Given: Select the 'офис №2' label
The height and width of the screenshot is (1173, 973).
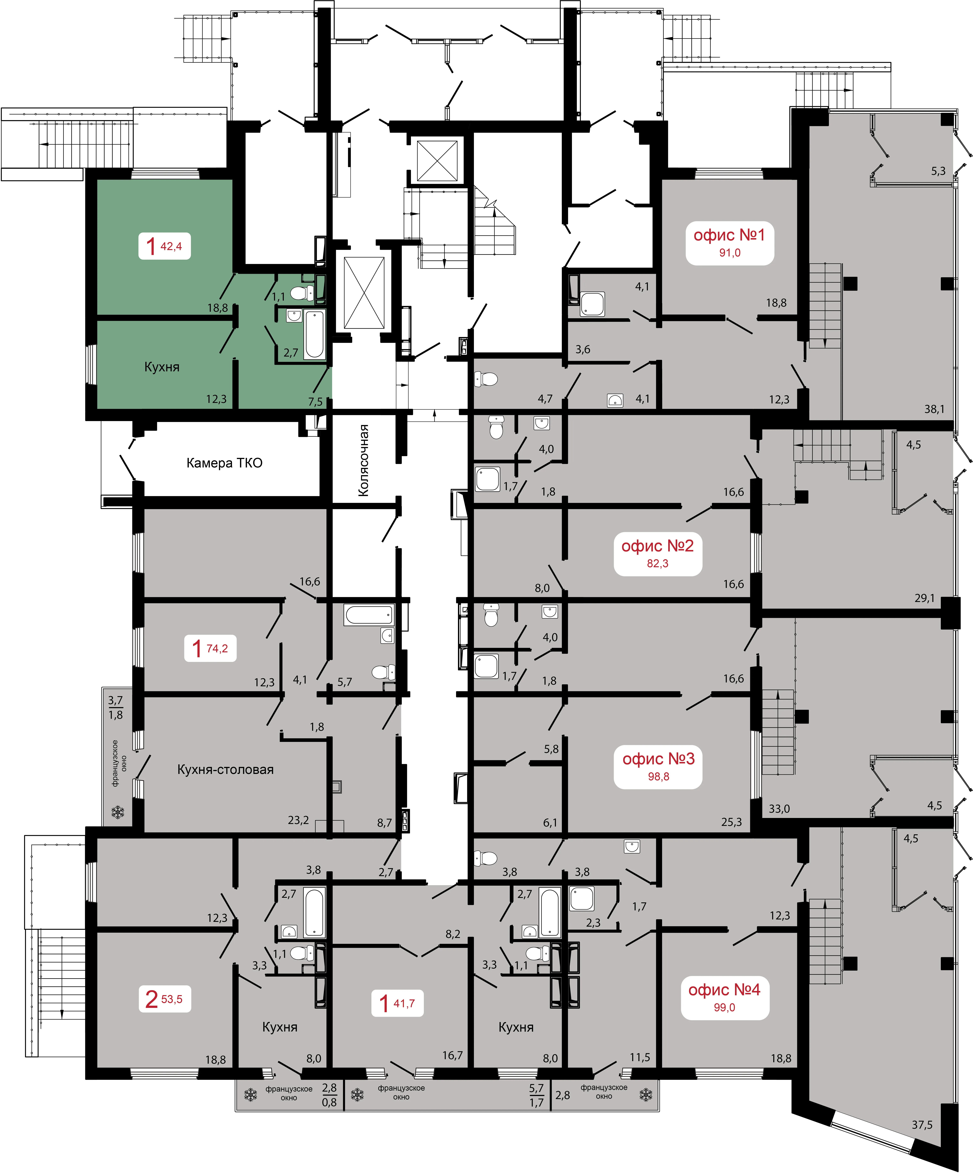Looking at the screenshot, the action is tap(657, 546).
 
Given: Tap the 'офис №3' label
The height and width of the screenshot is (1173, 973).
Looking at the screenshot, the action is tap(658, 758).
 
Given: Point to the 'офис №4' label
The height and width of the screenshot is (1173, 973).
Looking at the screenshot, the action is tap(724, 990).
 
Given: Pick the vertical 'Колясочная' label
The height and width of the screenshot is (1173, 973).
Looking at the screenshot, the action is tap(364, 460).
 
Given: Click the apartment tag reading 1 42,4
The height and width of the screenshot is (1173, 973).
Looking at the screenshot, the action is tap(164, 246).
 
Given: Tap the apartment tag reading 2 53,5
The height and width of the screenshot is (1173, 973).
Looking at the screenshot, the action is tap(164, 999).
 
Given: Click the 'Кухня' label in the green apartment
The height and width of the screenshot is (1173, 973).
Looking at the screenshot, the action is tap(162, 367).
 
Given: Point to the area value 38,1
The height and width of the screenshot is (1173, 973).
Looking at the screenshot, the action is tap(934, 409).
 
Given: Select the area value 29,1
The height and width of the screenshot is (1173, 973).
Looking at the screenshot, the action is tap(924, 598).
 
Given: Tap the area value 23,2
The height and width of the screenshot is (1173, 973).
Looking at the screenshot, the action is tap(298, 820).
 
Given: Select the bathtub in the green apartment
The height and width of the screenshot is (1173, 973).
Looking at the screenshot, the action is tap(315, 334).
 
